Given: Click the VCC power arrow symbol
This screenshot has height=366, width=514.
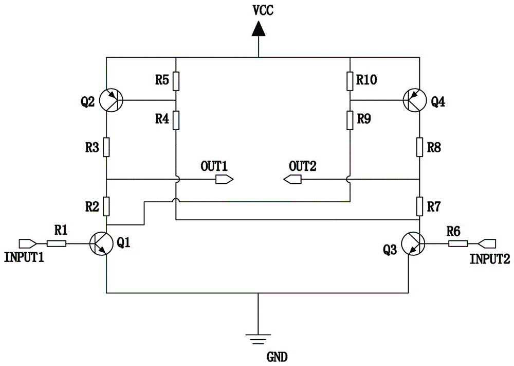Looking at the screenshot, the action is (259, 28).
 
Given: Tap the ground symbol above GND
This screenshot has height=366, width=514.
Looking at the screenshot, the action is (258, 339).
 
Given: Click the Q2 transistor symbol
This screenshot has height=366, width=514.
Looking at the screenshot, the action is (111, 100).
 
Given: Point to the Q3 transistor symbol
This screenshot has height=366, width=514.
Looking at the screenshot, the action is (413, 243).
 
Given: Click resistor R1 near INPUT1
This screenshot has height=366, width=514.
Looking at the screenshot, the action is (57, 243).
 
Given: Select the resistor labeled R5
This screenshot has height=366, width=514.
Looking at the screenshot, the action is (176, 81).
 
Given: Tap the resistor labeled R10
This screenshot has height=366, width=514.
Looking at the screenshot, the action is (350, 81).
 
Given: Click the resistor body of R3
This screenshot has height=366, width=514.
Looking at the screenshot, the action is (106, 147).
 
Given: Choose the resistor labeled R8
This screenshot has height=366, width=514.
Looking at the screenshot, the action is (419, 147).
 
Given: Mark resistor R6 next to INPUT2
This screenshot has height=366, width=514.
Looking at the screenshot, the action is (458, 243).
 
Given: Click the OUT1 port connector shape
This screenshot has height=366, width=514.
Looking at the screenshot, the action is (224, 180).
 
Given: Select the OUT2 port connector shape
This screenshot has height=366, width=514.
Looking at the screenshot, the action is (292, 180).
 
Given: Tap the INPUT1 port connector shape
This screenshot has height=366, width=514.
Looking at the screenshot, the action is (28, 243).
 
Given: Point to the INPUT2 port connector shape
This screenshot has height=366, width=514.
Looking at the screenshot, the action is (487, 243).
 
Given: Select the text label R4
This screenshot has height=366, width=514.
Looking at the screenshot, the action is (162, 119).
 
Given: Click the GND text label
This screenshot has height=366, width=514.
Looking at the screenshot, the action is (278, 357).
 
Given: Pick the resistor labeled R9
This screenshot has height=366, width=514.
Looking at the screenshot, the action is (350, 120).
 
